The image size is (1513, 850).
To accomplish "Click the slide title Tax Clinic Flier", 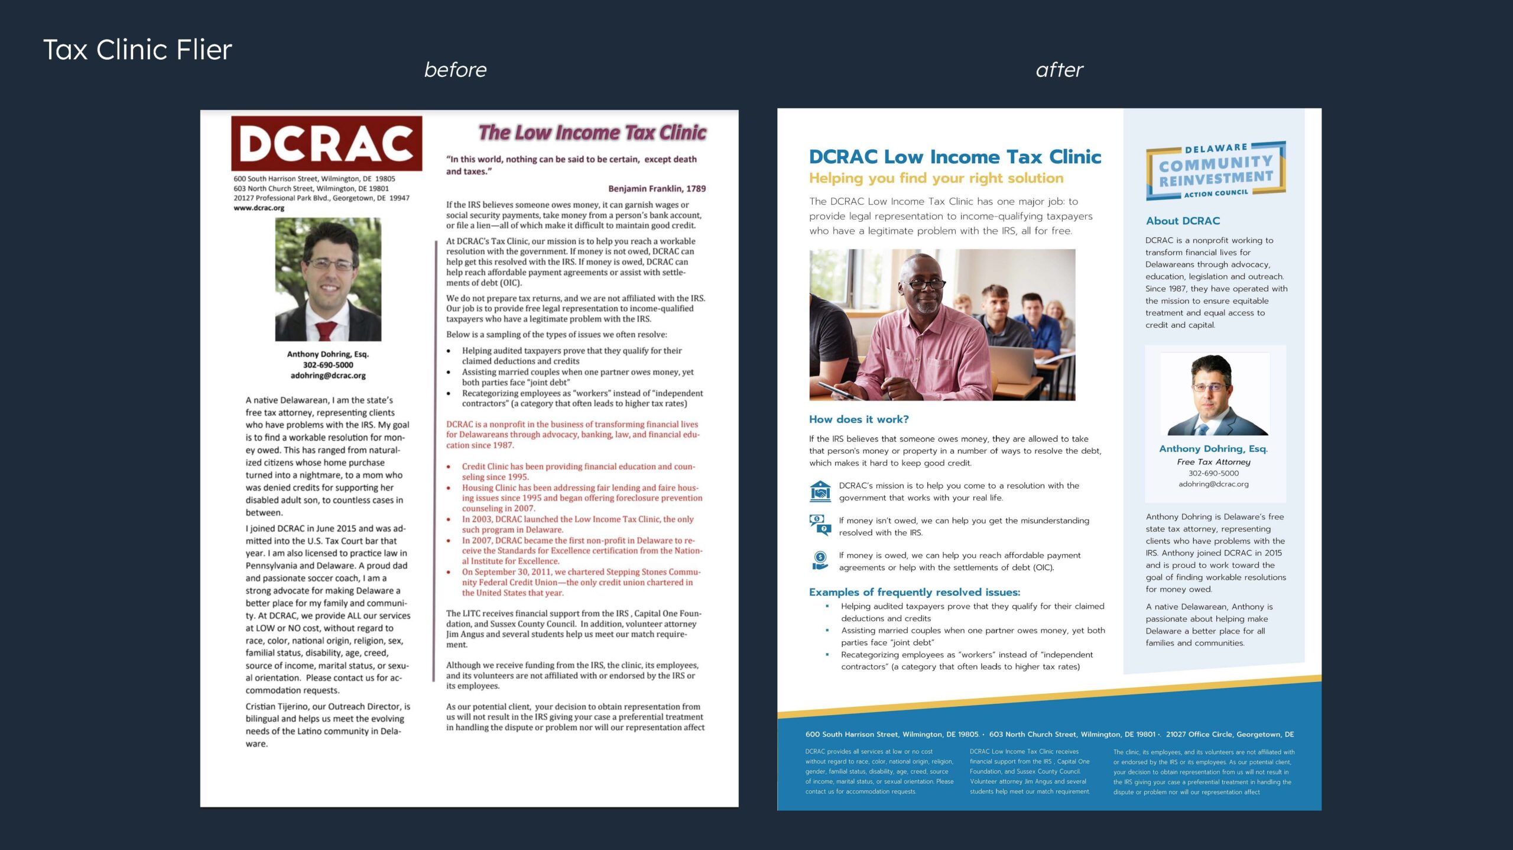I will click(138, 50).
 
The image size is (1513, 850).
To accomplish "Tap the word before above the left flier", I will click(455, 70).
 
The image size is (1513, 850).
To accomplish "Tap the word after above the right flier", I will click(1059, 70).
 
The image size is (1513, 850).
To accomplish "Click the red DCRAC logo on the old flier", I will click(326, 144).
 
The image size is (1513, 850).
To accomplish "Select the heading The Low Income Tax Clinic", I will click(592, 132).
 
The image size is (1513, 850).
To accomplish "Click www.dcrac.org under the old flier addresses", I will click(259, 208).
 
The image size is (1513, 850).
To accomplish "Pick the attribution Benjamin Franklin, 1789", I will click(657, 189).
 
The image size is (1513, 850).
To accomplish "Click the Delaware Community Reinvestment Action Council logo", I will click(1216, 170).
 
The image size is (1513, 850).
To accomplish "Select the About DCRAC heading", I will click(1183, 221).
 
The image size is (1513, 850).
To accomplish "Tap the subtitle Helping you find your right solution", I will click(936, 178).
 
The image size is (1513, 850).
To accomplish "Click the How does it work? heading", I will click(859, 419).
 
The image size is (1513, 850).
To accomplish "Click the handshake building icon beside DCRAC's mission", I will click(820, 491).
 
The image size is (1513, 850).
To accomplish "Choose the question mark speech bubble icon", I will click(820, 525).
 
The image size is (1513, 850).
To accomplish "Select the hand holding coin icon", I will click(820, 560).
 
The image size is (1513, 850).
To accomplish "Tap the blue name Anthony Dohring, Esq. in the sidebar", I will click(1213, 449).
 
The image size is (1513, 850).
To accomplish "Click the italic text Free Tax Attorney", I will click(1213, 462).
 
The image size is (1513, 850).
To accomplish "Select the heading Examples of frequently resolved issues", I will click(914, 592).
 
